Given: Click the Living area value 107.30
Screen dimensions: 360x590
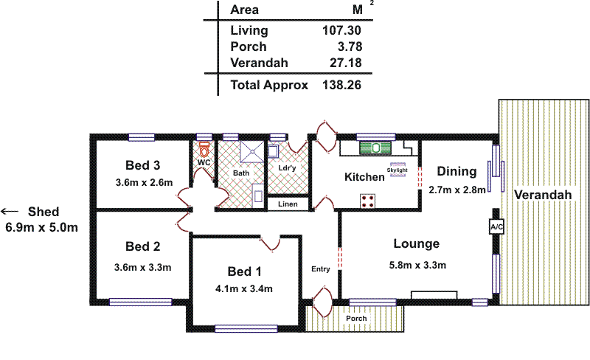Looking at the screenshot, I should pyautogui.click(x=341, y=31).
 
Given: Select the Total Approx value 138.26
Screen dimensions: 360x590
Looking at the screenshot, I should pyautogui.click(x=341, y=85).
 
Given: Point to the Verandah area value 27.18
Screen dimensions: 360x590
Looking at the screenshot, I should pyautogui.click(x=344, y=63).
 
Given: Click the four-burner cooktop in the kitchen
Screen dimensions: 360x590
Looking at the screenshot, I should pyautogui.click(x=367, y=201).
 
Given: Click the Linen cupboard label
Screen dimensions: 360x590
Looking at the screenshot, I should pyautogui.click(x=287, y=204).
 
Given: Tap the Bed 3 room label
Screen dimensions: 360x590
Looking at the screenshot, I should pyautogui.click(x=143, y=165).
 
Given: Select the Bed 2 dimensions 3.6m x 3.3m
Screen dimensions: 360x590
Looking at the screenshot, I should pyautogui.click(x=143, y=267).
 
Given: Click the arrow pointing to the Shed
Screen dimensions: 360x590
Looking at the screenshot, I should pyautogui.click(x=9, y=211).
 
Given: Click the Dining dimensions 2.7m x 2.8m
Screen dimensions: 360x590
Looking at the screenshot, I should pyautogui.click(x=457, y=189).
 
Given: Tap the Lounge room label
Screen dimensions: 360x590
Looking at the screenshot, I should pyautogui.click(x=416, y=244).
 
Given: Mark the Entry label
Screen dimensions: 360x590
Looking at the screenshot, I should pyautogui.click(x=320, y=269).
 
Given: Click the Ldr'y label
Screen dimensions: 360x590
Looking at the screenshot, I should pyautogui.click(x=287, y=168).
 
